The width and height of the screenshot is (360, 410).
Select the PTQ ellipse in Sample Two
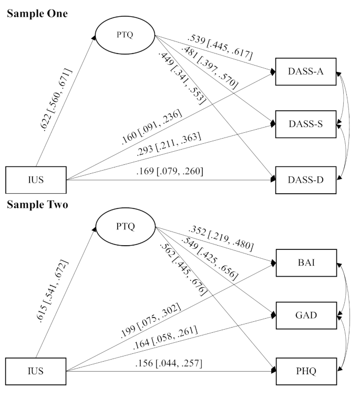(125, 227)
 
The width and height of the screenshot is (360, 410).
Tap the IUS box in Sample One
(36, 178)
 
